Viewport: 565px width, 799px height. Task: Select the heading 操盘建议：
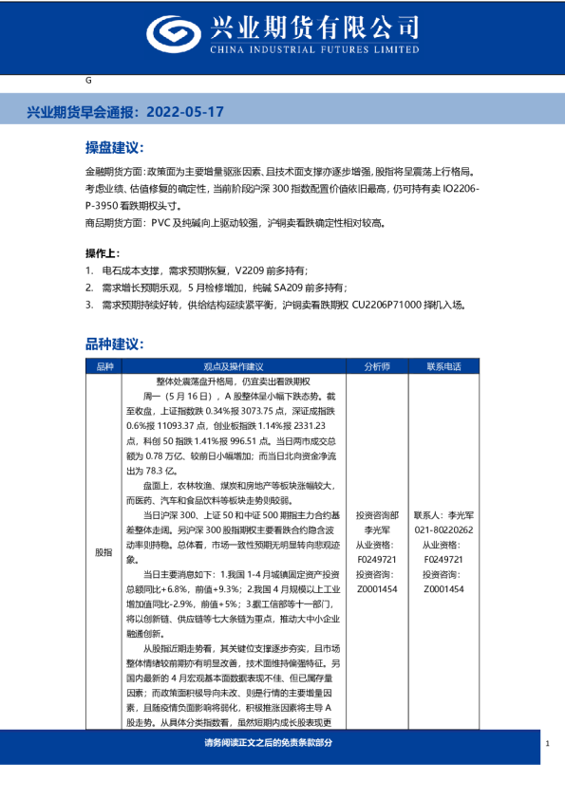coord(113,149)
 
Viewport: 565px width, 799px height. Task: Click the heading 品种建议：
coord(113,343)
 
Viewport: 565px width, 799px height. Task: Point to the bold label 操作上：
coord(103,254)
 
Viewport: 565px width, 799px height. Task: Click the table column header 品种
coord(104,366)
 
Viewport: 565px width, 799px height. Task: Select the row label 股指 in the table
coord(104,551)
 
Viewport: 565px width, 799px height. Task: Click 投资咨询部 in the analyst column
coord(377,516)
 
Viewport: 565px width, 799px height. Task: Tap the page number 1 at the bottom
coord(548,743)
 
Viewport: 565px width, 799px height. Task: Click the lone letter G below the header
coord(88,82)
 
